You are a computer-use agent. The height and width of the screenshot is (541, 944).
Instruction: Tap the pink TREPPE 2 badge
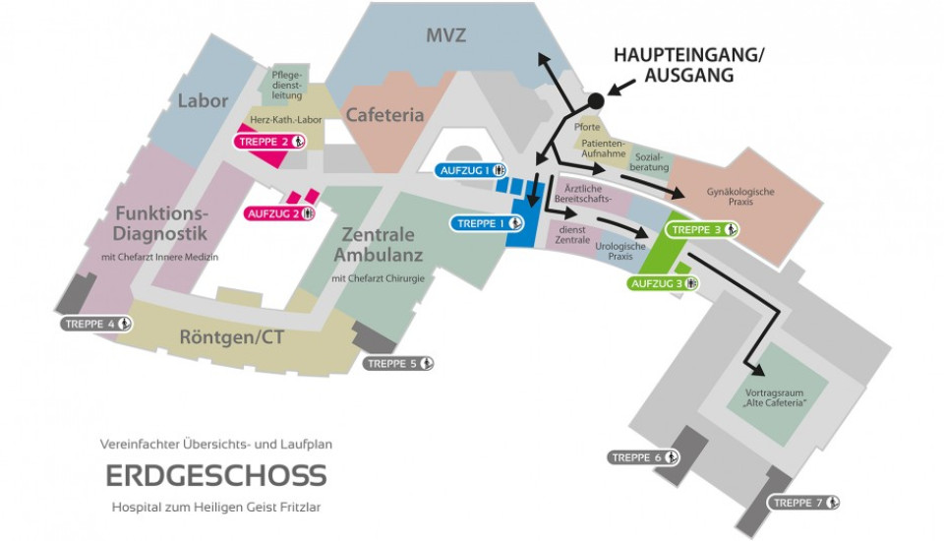click(x=270, y=142)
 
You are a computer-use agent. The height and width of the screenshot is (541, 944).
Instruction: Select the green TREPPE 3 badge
click(x=703, y=230)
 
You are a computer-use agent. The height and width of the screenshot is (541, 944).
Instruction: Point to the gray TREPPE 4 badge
click(x=96, y=324)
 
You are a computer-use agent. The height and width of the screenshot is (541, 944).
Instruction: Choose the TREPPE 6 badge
click(x=644, y=457)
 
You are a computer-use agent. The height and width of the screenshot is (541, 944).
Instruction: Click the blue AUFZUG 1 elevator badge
click(x=471, y=170)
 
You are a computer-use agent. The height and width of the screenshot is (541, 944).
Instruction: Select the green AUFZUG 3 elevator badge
click(x=664, y=283)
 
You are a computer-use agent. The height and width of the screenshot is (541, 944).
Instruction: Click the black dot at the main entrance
click(x=594, y=100)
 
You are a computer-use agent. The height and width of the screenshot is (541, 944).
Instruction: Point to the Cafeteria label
click(x=384, y=115)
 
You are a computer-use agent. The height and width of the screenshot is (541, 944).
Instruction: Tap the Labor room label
click(x=203, y=100)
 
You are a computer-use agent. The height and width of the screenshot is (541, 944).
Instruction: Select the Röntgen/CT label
click(x=232, y=337)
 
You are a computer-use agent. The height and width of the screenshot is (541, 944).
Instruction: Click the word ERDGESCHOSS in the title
click(x=216, y=475)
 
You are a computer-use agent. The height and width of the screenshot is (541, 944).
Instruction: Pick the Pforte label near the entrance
click(x=587, y=127)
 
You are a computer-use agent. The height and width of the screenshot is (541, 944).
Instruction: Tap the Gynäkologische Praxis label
click(x=740, y=196)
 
